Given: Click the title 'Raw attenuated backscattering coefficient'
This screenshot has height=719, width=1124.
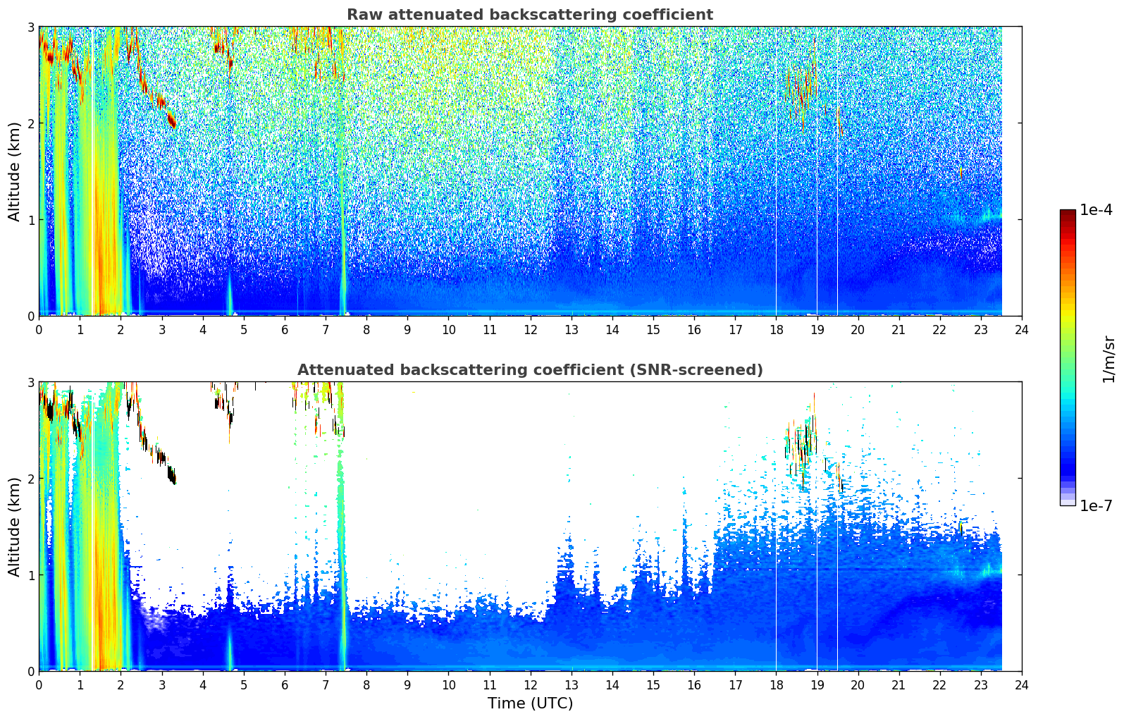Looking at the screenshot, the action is click(x=530, y=15).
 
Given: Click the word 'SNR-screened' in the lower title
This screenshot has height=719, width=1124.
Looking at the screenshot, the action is click(x=702, y=369).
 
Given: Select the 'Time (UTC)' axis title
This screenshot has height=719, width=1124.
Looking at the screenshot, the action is click(x=530, y=703).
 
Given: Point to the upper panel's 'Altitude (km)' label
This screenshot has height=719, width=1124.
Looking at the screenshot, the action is click(x=14, y=172).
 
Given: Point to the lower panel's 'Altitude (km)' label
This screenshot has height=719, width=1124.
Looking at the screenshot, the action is click(x=14, y=527).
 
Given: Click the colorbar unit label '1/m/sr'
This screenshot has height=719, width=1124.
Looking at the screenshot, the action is click(x=1108, y=359).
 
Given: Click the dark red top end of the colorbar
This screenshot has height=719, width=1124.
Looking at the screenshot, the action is click(x=1068, y=212).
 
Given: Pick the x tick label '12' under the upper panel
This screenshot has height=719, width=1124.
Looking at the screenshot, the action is click(x=531, y=330).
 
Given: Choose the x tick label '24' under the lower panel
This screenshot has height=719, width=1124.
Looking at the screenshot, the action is click(x=1022, y=685).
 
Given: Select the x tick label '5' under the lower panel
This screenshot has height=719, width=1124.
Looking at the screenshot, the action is click(x=244, y=685).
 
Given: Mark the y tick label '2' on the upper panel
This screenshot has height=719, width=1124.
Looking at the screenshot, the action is click(x=30, y=123).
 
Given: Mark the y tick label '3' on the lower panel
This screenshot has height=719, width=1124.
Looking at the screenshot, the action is click(x=30, y=382).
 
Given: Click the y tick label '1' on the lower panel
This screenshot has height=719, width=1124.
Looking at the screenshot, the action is click(x=30, y=575).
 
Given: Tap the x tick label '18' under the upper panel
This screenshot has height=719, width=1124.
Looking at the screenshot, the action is click(x=777, y=330).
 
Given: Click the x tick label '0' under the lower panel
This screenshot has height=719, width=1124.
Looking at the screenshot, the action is click(x=39, y=685).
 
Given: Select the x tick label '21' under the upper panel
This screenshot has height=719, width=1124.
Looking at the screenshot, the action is click(x=898, y=330).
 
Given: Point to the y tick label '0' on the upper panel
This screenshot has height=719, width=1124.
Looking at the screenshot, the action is click(x=30, y=316).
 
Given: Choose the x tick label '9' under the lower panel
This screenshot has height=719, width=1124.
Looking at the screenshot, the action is click(x=407, y=685).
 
